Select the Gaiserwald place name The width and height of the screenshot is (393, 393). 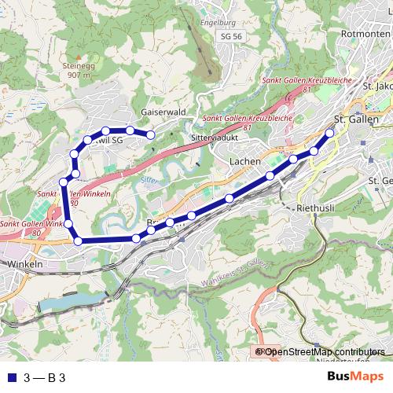(164, 112)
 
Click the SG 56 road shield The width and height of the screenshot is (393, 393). (231, 37)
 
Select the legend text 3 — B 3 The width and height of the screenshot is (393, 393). (45, 377)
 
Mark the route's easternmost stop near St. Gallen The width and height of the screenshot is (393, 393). (330, 134)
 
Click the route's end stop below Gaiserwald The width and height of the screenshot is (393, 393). (150, 135)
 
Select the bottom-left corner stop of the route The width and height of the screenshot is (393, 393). (78, 241)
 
